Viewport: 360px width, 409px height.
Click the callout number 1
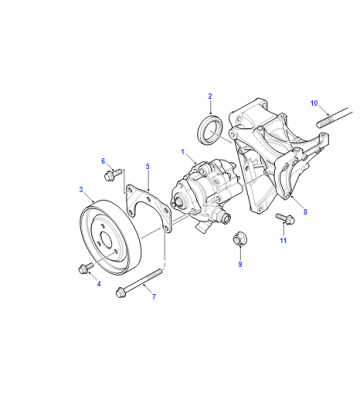click(183, 152)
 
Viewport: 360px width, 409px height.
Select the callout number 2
click(210, 96)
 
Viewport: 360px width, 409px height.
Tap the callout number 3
click(81, 190)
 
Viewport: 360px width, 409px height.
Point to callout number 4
click(99, 284)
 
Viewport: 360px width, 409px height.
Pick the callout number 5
click(148, 166)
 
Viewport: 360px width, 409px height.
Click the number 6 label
click(103, 161)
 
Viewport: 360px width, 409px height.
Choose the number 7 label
click(154, 297)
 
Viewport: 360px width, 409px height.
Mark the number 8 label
click(305, 212)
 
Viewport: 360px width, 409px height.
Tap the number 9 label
click(240, 264)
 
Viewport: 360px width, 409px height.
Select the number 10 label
click(314, 103)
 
